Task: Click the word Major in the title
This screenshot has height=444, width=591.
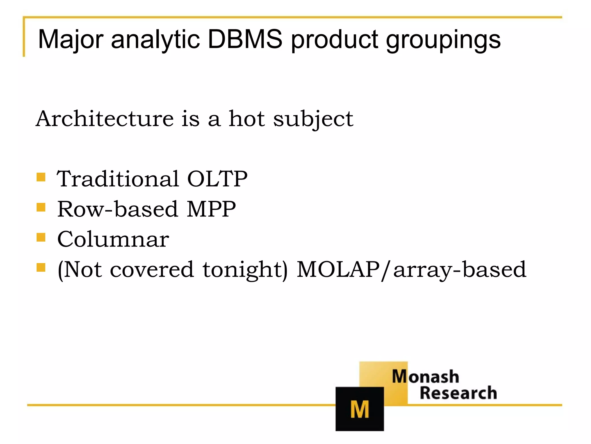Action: pyautogui.click(x=70, y=40)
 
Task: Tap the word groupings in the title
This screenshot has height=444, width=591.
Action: pyautogui.click(x=443, y=40)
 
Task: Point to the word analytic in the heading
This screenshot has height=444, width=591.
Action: pyautogui.click(x=155, y=40)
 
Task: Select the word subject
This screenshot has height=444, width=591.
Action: pyautogui.click(x=313, y=120)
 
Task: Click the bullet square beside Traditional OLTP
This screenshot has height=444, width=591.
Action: pyautogui.click(x=41, y=177)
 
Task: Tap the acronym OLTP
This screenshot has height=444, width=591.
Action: pyautogui.click(x=217, y=179)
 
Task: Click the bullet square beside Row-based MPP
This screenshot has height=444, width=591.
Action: pyautogui.click(x=41, y=207)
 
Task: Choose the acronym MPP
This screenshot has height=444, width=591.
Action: pyautogui.click(x=211, y=209)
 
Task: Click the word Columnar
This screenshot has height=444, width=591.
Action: pyautogui.click(x=113, y=239)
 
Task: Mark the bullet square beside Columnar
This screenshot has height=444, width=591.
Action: pyautogui.click(x=41, y=237)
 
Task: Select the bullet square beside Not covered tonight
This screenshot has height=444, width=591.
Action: pyautogui.click(x=41, y=267)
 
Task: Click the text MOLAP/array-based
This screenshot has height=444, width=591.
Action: pyautogui.click(x=412, y=270)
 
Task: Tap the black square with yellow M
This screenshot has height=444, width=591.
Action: pyautogui.click(x=360, y=409)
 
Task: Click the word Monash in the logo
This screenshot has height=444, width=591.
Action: pyautogui.click(x=425, y=377)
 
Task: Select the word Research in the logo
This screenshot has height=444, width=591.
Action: pyautogui.click(x=458, y=393)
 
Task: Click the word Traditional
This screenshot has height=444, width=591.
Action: pyautogui.click(x=118, y=179)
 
